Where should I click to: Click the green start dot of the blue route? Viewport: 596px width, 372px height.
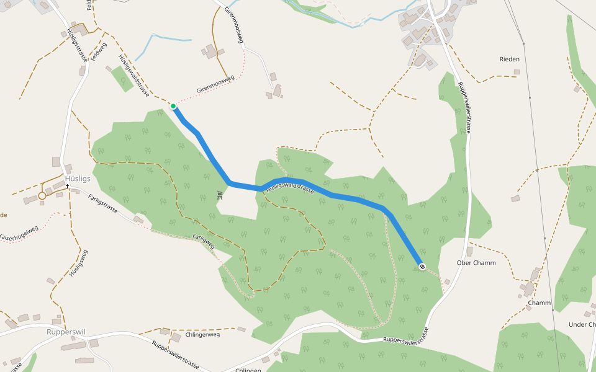(173, 106)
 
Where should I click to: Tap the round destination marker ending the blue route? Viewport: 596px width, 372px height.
(422, 267)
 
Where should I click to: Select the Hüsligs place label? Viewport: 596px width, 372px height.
(78, 179)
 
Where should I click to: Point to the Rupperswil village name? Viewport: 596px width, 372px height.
(66, 332)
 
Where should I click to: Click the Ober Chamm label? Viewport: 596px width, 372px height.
(476, 262)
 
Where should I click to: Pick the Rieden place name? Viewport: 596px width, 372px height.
(509, 60)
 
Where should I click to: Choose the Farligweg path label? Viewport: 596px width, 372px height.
(203, 241)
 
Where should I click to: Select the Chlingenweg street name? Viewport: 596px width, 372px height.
(202, 335)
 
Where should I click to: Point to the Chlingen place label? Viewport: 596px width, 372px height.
(248, 370)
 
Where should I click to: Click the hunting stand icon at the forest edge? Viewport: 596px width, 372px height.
(220, 195)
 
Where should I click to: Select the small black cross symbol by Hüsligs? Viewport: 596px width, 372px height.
(67, 186)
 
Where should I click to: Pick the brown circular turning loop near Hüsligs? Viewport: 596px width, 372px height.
(42, 196)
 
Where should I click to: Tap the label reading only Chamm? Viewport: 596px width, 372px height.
(540, 303)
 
